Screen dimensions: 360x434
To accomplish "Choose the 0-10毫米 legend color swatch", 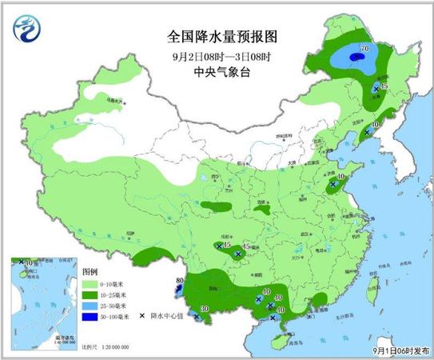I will click(90, 285).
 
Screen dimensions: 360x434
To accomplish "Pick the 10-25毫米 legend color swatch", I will click(90, 295).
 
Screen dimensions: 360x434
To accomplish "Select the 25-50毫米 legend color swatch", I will click(90, 306).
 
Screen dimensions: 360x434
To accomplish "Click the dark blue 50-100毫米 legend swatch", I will click(90, 317).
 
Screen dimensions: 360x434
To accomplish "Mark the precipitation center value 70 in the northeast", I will click(364, 50).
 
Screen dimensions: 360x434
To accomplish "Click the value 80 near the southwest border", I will click(180, 279).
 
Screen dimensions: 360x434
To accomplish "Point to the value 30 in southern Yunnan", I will click(204, 309).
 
